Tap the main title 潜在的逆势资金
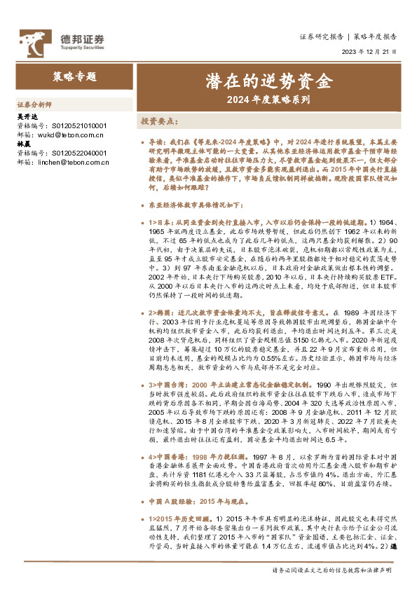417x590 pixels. (268, 80)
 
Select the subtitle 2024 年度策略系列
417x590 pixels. (268, 100)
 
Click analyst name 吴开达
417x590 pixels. (25, 118)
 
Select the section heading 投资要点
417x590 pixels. (158, 121)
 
